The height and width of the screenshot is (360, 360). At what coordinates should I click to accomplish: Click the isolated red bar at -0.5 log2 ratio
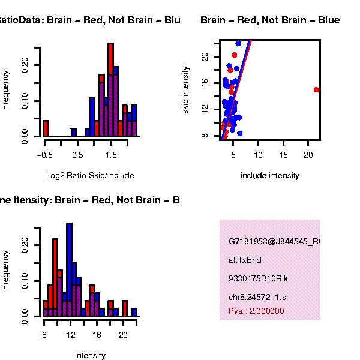coord(45,128)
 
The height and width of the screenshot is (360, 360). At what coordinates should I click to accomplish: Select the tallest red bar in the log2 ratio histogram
coord(111,90)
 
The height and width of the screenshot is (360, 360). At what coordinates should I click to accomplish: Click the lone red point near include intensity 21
coord(316,90)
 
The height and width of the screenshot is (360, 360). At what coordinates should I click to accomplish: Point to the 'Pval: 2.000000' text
coord(256,311)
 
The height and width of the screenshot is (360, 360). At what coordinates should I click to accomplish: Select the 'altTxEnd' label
coord(245,260)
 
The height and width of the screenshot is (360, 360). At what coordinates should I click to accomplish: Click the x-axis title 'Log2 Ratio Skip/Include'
coord(90,176)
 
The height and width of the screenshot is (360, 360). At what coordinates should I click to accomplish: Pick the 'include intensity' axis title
coord(269,176)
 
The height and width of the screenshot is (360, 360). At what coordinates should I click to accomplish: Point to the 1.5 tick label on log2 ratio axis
coord(111,155)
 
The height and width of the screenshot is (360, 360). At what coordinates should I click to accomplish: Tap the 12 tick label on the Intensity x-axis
coord(70,335)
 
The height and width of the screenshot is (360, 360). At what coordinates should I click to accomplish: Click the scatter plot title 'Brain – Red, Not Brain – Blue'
coord(270,20)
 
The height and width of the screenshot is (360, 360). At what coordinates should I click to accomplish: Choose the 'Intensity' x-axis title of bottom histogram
coord(90,355)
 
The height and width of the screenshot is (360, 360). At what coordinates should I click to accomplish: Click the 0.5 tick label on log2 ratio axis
coord(78,155)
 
